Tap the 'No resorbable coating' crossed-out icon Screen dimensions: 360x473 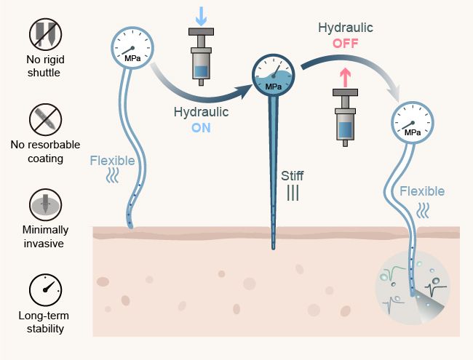tap(44, 119)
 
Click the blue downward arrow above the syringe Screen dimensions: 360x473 tap(201, 13)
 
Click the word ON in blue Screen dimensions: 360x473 tap(201, 126)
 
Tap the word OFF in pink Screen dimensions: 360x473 tap(346, 43)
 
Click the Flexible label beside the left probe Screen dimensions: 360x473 tap(112, 160)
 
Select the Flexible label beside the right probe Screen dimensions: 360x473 tap(421, 191)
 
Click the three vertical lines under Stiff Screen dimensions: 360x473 tap(293, 193)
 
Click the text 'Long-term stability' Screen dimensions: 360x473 tap(45, 322)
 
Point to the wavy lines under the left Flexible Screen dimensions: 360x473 tap(114, 176)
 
